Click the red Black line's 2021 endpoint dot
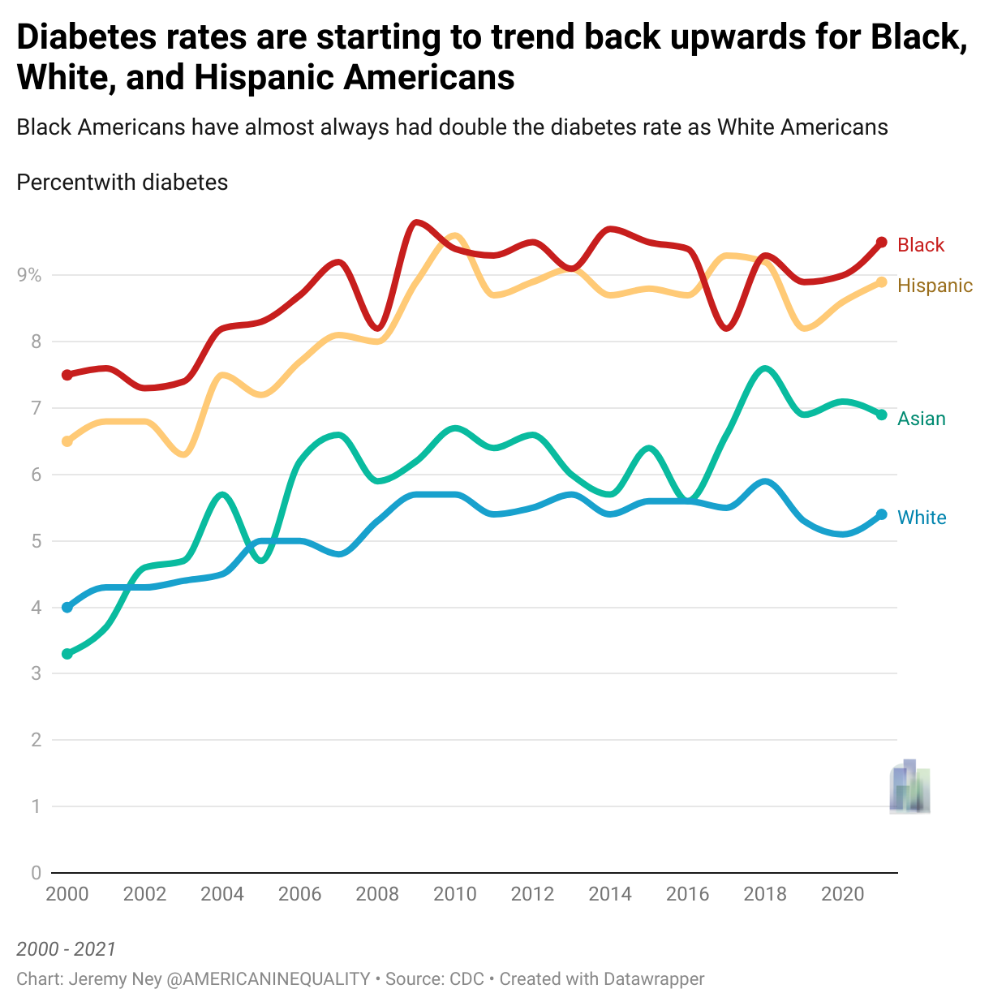881,243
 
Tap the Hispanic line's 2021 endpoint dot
881,282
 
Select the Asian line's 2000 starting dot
67,654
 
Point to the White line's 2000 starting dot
67,608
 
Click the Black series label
921,245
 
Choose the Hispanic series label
935,286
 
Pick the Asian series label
922,419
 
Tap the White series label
922,518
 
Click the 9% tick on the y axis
29,275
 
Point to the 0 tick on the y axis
36,873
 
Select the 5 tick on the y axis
36,541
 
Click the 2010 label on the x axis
455,894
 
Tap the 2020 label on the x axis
843,894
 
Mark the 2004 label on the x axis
222,894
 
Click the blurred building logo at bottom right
909,787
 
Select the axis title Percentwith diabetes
123,183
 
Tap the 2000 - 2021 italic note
67,949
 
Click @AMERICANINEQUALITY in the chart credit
269,979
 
